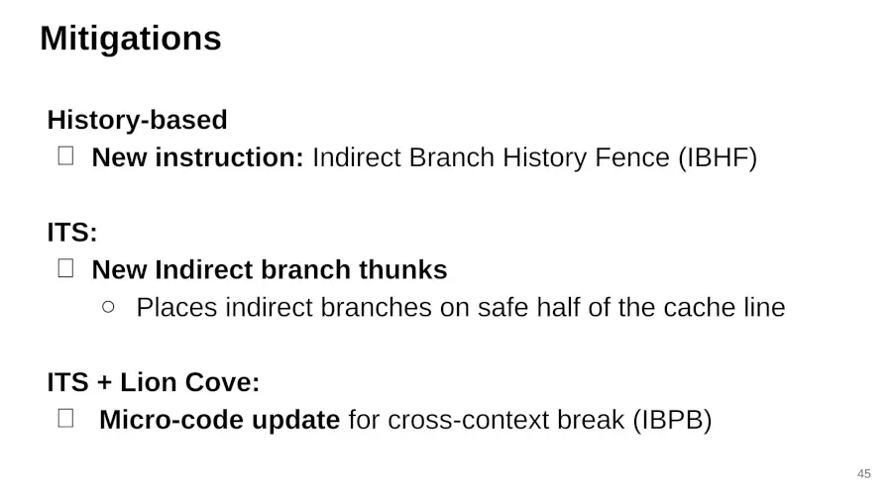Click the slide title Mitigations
click(130, 39)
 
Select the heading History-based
click(137, 120)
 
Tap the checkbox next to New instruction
click(66, 156)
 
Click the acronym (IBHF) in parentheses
click(718, 157)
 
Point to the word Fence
click(632, 157)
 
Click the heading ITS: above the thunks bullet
click(72, 233)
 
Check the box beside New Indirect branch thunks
click(66, 268)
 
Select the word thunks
click(402, 269)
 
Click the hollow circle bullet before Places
click(108, 307)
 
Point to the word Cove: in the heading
click(222, 382)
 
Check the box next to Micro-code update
click(66, 419)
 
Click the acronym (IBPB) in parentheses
click(672, 420)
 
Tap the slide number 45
click(864, 473)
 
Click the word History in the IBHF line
click(544, 157)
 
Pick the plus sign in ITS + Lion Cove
click(105, 382)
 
